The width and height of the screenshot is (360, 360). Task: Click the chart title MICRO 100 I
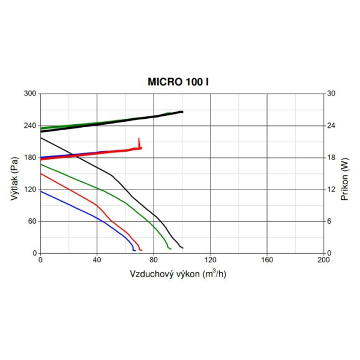click(x=178, y=81)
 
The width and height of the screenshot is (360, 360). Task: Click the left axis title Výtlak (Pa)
click(x=14, y=174)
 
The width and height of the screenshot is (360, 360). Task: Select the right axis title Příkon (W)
click(x=345, y=173)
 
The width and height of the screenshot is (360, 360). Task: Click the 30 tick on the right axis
click(x=331, y=94)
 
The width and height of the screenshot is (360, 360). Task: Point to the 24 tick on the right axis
click(x=331, y=125)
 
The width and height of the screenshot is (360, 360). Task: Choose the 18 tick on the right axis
click(x=331, y=158)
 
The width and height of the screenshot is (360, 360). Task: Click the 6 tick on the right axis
click(x=329, y=221)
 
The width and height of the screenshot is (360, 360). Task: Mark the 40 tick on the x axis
click(x=97, y=260)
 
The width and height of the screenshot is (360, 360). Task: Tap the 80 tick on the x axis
click(x=154, y=260)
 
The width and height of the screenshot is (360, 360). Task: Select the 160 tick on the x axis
click(x=266, y=260)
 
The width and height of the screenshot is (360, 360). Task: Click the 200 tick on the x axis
click(x=323, y=260)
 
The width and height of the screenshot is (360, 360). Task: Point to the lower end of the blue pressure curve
click(x=134, y=250)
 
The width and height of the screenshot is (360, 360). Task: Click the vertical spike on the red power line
click(x=139, y=142)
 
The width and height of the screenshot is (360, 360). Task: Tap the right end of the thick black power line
click(x=182, y=112)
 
